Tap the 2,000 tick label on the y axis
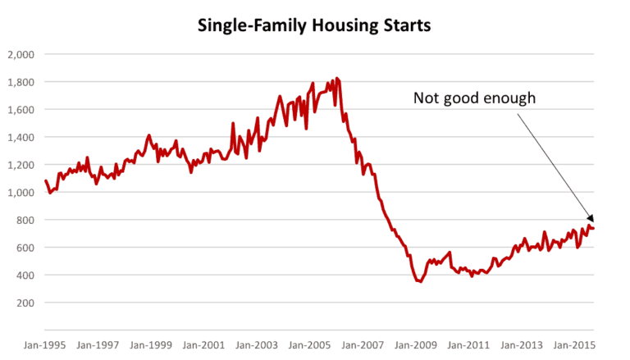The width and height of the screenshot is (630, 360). [21, 55]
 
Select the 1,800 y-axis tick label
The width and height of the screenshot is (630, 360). [21, 83]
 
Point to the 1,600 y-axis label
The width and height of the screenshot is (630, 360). [21, 110]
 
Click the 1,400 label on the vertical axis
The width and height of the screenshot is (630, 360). [21, 138]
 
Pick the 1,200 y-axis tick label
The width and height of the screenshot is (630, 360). [21, 166]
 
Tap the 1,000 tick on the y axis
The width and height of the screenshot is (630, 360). [21, 193]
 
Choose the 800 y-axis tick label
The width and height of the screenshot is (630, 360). [25, 221]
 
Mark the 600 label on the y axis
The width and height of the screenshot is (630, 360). [25, 248]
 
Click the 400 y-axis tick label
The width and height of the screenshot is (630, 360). [25, 276]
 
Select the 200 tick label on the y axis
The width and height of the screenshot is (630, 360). [25, 303]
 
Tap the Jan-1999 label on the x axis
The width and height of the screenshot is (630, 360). [152, 347]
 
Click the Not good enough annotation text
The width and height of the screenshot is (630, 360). [474, 98]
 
